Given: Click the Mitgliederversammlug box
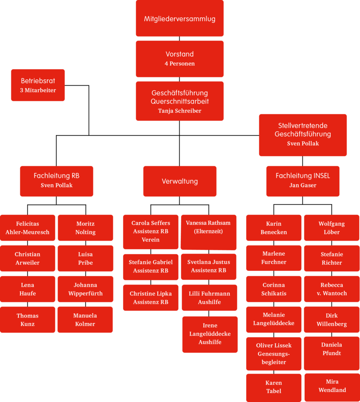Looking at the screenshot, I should pyautogui.click(x=180, y=19).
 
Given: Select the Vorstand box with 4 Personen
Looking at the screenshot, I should pyautogui.click(x=180, y=58).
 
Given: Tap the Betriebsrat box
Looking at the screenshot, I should pyautogui.click(x=38, y=85).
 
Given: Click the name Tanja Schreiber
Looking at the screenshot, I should pyautogui.click(x=180, y=111).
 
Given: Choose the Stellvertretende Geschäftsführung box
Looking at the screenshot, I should pyautogui.click(x=303, y=135).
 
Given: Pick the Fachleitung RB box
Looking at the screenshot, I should pyautogui.click(x=56, y=181).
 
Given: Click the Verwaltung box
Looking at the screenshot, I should pyautogui.click(x=180, y=181).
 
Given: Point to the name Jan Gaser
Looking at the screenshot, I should pyautogui.click(x=303, y=185).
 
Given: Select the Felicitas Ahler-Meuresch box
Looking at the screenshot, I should pyautogui.click(x=27, y=228).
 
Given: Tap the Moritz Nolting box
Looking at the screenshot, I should pyautogui.click(x=85, y=228).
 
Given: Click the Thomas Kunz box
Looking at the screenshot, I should pyautogui.click(x=27, y=320).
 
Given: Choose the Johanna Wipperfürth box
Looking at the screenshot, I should pyautogui.click(x=85, y=289).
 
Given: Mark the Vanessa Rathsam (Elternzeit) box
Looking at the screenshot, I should pyautogui.click(x=208, y=232).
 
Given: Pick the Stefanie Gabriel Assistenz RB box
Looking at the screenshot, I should pyautogui.click(x=151, y=267).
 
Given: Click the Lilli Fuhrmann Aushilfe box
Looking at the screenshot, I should pyautogui.click(x=209, y=298).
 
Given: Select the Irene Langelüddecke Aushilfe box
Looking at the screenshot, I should pyautogui.click(x=210, y=334).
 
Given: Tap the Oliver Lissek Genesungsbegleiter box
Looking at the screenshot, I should pyautogui.click(x=274, y=354).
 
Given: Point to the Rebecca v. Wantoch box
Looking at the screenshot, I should pyautogui.click(x=332, y=289).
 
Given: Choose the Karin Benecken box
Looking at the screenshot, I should pyautogui.click(x=274, y=228).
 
